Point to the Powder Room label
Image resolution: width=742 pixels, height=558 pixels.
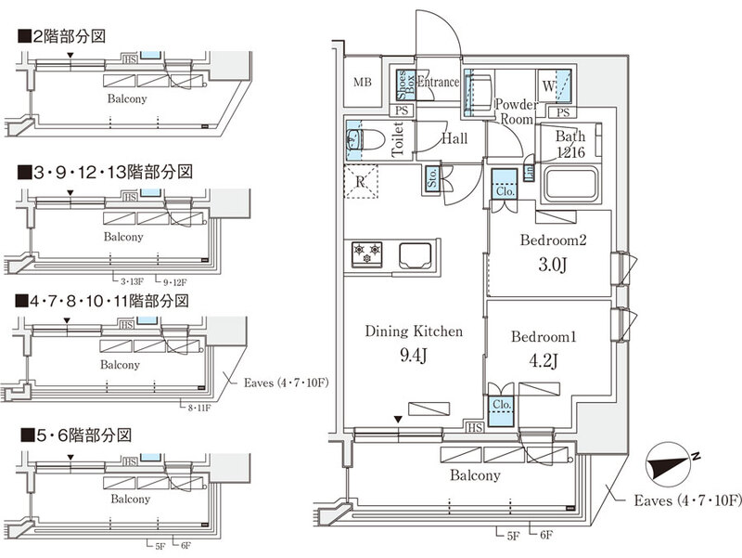click(x=515, y=111)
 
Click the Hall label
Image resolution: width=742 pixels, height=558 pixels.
click(x=454, y=138)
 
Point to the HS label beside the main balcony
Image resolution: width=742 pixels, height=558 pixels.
click(x=474, y=428)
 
